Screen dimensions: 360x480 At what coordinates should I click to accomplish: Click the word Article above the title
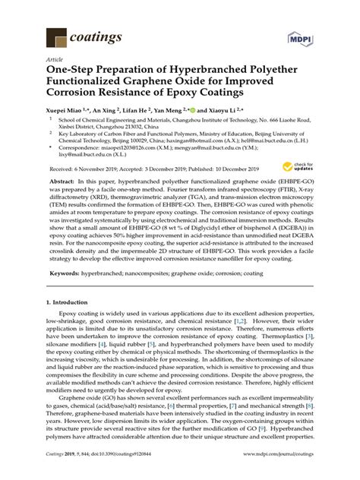pyautogui.click(x=55, y=57)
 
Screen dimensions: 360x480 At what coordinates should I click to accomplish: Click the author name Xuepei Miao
pyautogui.click(x=68, y=109)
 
